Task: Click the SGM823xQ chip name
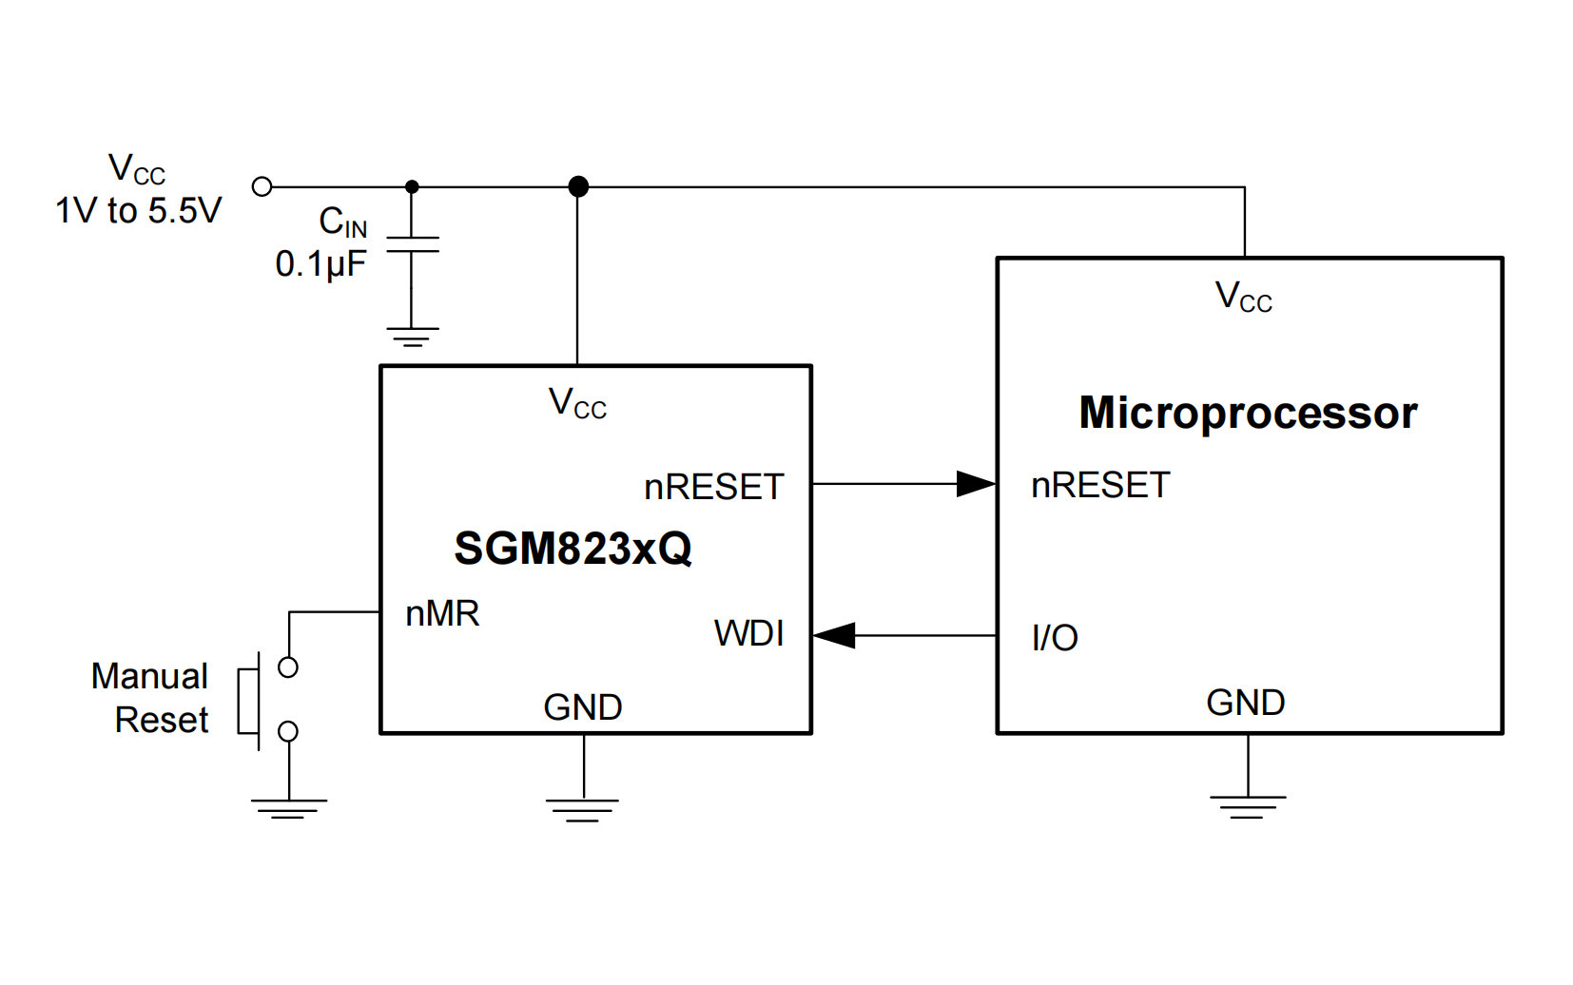click(x=573, y=549)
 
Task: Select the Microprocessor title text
click(x=1248, y=413)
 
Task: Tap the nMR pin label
click(x=442, y=614)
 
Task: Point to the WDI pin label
click(x=748, y=633)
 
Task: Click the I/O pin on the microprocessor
click(x=1055, y=638)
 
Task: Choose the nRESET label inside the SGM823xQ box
click(x=713, y=487)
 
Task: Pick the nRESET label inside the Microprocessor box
click(x=1100, y=485)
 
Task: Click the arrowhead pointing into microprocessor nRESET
click(x=976, y=484)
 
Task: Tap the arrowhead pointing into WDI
click(x=835, y=635)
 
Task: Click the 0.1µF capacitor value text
click(x=320, y=264)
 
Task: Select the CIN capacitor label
click(x=342, y=222)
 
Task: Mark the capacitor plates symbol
click(x=412, y=244)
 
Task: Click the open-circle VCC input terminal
click(x=262, y=186)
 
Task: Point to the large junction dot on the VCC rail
click(x=577, y=186)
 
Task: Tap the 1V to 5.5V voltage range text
click(x=138, y=210)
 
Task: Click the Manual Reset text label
click(x=150, y=698)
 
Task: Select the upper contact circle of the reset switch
click(x=288, y=667)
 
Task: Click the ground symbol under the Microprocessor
click(x=1248, y=806)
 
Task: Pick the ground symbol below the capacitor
click(x=412, y=337)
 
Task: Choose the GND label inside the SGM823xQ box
click(x=582, y=707)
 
